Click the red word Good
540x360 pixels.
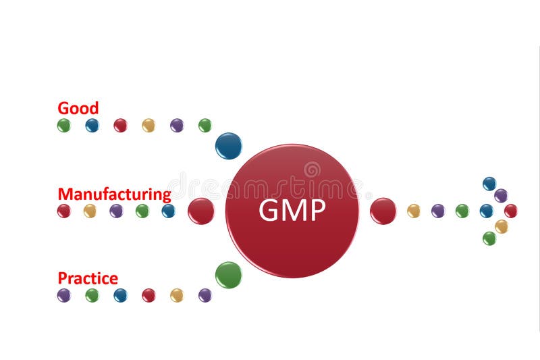click(x=78, y=108)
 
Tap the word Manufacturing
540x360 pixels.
click(x=114, y=195)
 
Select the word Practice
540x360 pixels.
click(x=88, y=278)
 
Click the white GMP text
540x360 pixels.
click(x=292, y=211)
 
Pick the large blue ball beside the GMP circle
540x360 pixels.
click(x=228, y=146)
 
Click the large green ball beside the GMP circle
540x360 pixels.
click(x=228, y=275)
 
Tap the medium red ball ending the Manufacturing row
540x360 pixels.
click(x=200, y=211)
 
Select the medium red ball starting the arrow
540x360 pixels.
click(x=383, y=211)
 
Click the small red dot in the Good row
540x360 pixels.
click(x=120, y=125)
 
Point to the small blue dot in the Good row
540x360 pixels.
click(x=92, y=125)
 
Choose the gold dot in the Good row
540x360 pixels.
click(x=148, y=125)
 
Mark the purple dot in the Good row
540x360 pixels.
click(x=177, y=125)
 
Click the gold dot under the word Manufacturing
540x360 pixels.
click(x=90, y=211)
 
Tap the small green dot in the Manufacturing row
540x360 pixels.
click(x=142, y=211)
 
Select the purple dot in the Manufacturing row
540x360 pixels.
click(x=116, y=211)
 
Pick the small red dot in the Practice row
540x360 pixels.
click(x=148, y=295)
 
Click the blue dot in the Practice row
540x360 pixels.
click(x=120, y=295)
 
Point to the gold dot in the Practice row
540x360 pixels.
click(x=177, y=295)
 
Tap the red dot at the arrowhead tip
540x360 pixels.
click(x=511, y=211)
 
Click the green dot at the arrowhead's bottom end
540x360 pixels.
click(x=489, y=238)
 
